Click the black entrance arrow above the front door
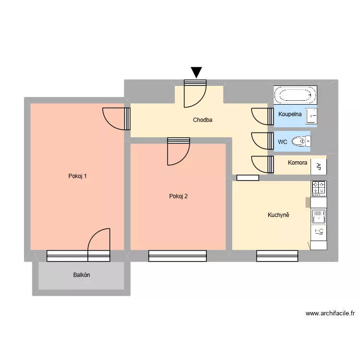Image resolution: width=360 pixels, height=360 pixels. (196, 72)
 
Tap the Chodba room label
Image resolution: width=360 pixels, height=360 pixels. (203, 120)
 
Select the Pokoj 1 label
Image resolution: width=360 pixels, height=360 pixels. (78, 176)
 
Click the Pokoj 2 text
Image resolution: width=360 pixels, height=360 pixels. (178, 196)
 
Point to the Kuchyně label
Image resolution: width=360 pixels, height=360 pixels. (278, 215)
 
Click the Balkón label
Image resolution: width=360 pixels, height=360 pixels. (82, 275)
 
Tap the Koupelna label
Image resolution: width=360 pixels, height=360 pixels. (290, 114)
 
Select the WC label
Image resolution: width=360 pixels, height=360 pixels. (283, 142)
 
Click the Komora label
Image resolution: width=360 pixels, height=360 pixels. (298, 163)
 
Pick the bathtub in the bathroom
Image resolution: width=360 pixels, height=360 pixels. (295, 94)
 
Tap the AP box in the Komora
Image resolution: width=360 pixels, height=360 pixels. (319, 167)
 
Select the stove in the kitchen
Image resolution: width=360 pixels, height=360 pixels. (318, 188)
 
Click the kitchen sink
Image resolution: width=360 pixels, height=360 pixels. (318, 216)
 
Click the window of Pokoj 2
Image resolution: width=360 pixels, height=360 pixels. (178, 256)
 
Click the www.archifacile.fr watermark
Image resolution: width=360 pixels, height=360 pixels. (330, 313)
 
